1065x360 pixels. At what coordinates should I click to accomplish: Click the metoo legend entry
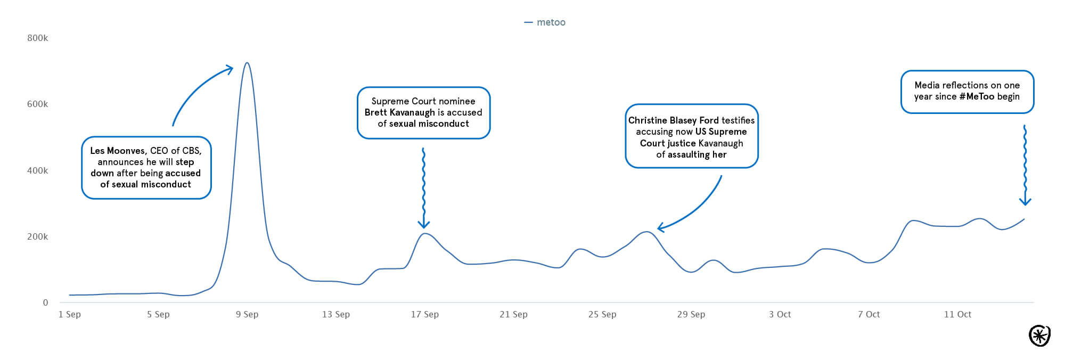(545, 22)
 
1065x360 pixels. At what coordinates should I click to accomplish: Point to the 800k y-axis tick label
(37, 38)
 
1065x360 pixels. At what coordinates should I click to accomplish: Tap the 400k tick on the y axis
(37, 170)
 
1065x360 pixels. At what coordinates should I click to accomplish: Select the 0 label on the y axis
(45, 302)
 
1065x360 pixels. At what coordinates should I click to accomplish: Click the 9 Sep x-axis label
(247, 314)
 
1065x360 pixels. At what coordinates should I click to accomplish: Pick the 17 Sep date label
(424, 314)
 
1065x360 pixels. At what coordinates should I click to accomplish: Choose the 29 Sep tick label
(691, 314)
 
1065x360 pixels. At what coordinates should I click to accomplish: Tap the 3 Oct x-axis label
(780, 314)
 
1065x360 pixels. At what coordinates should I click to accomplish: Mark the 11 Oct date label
(957, 314)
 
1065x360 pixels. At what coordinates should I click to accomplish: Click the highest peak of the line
(247, 63)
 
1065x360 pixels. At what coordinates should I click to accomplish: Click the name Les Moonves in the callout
(118, 151)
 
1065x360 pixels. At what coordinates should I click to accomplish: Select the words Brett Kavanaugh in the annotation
(399, 112)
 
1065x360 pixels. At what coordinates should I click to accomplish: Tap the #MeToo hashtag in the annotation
(977, 96)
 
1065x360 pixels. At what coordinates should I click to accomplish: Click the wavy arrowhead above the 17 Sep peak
(423, 225)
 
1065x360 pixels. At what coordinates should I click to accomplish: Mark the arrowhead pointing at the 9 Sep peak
(230, 69)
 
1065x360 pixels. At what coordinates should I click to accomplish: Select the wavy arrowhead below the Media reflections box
(1025, 202)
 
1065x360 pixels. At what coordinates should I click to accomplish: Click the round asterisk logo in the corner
(1039, 336)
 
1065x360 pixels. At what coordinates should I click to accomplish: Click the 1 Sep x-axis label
(70, 314)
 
